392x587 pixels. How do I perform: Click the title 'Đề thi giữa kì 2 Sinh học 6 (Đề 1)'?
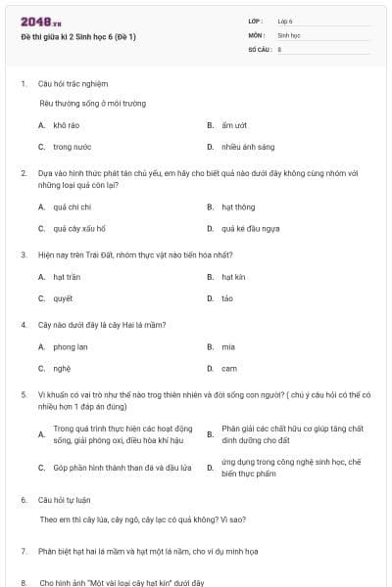pyautogui.click(x=78, y=37)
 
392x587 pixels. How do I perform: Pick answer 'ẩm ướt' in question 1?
pyautogui.click(x=233, y=125)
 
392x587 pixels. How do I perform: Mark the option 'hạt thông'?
pyautogui.click(x=238, y=206)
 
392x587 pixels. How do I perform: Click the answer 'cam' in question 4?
pyautogui.click(x=228, y=369)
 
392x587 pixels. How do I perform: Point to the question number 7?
pyautogui.click(x=24, y=551)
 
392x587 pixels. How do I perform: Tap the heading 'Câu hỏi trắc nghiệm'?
pyautogui.click(x=72, y=83)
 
